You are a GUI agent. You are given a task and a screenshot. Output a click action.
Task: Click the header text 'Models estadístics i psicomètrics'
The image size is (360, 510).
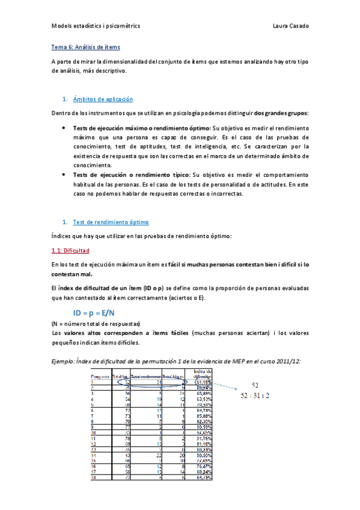click(x=96, y=26)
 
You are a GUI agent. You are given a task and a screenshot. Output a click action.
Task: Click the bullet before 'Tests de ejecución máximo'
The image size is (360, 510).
click(x=64, y=128)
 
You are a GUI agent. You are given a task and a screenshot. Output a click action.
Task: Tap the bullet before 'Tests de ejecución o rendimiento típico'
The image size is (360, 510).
click(x=64, y=174)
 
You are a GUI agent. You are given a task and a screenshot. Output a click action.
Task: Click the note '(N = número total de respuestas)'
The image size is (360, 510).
click(x=96, y=324)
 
